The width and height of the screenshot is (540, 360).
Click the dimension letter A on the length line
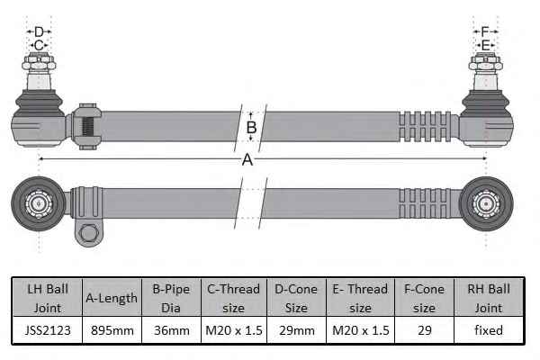[x=247, y=160]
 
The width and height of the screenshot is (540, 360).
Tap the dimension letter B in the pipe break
[x=251, y=128]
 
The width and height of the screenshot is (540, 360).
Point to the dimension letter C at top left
[x=39, y=45]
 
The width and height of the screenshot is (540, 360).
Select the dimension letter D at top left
[x=39, y=32]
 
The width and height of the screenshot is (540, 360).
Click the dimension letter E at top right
[x=486, y=45]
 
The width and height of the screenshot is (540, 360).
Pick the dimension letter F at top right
[x=485, y=32]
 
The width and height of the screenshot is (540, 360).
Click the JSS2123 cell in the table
[x=48, y=330]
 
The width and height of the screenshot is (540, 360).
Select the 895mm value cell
[x=112, y=330]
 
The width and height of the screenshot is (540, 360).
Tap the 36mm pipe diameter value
[x=172, y=330]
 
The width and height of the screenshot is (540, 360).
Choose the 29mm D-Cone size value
[x=297, y=330]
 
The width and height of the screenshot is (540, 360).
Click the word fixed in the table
[x=489, y=330]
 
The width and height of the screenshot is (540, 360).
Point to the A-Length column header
[x=112, y=298]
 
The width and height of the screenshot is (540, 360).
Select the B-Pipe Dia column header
[x=171, y=298]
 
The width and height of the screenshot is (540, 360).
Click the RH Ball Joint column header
[x=489, y=298]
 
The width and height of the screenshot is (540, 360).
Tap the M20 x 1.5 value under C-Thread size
[x=234, y=330]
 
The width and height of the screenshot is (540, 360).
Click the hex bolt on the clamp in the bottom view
[x=88, y=233]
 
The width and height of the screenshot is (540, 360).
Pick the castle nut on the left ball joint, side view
[x=39, y=62]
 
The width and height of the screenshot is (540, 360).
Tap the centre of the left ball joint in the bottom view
[x=39, y=204]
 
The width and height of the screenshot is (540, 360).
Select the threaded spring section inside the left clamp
[x=87, y=126]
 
